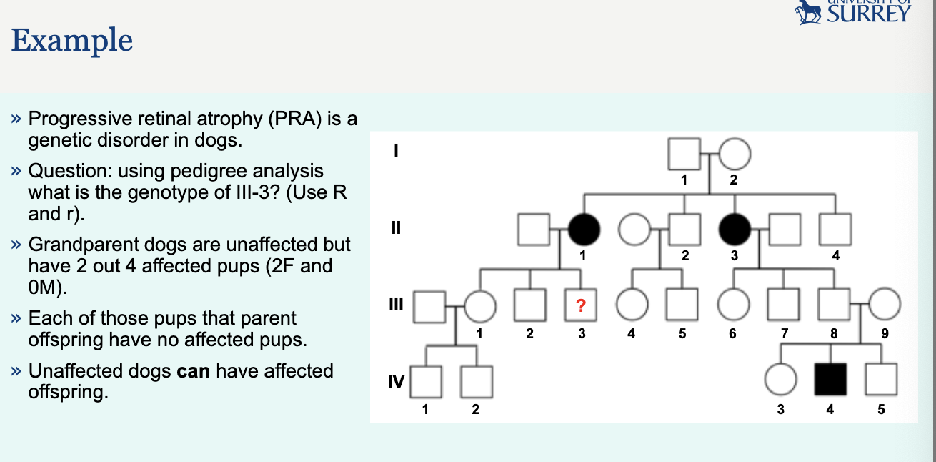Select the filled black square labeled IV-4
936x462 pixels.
coord(830,379)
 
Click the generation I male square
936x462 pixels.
coord(683,154)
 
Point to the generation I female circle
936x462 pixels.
coord(734,154)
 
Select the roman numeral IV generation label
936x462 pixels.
coord(395,381)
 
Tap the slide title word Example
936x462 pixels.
coord(72,40)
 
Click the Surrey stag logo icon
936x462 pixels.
coord(809,11)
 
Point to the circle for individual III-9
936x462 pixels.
coord(885,307)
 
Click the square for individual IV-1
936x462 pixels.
coord(427,381)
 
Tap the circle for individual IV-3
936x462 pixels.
coord(780,379)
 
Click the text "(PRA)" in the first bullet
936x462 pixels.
coord(294,119)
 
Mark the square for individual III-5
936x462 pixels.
coord(682,307)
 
